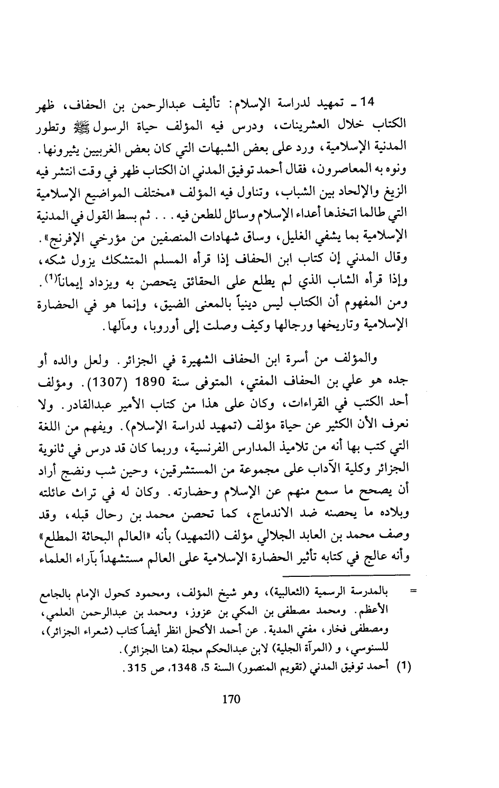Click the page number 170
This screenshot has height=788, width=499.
pyautogui.click(x=231, y=700)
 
